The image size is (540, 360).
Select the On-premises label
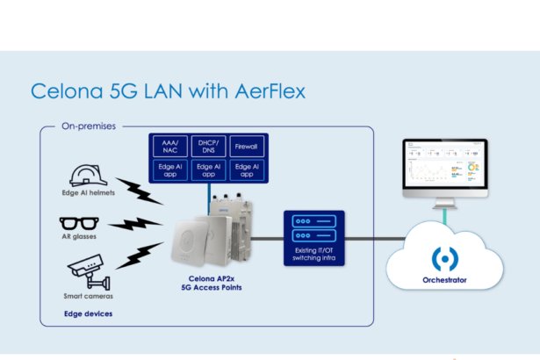pyautogui.click(x=88, y=126)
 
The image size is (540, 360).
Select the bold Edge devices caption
pyautogui.click(x=86, y=312)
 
